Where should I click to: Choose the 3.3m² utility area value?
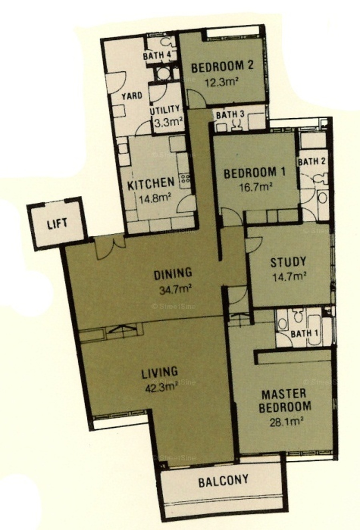168,122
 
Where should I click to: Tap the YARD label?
132,96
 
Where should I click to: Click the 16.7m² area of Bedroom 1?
255,187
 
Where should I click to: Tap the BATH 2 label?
312,161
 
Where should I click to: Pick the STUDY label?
288,262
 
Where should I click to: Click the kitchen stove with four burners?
185,181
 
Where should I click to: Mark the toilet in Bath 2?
320,178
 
